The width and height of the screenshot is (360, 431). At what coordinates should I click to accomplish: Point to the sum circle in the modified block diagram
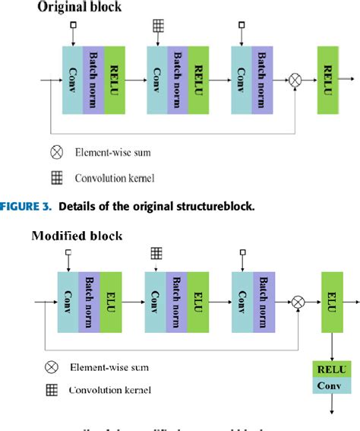pyautogui.click(x=298, y=303)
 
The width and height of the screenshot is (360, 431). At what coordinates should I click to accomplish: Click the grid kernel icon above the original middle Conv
pyautogui.click(x=157, y=25)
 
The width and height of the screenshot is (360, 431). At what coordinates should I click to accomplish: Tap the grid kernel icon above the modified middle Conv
pyautogui.click(x=156, y=252)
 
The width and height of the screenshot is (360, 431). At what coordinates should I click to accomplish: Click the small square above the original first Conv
pyautogui.click(x=72, y=26)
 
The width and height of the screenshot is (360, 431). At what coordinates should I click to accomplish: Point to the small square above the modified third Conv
pyautogui.click(x=242, y=252)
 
